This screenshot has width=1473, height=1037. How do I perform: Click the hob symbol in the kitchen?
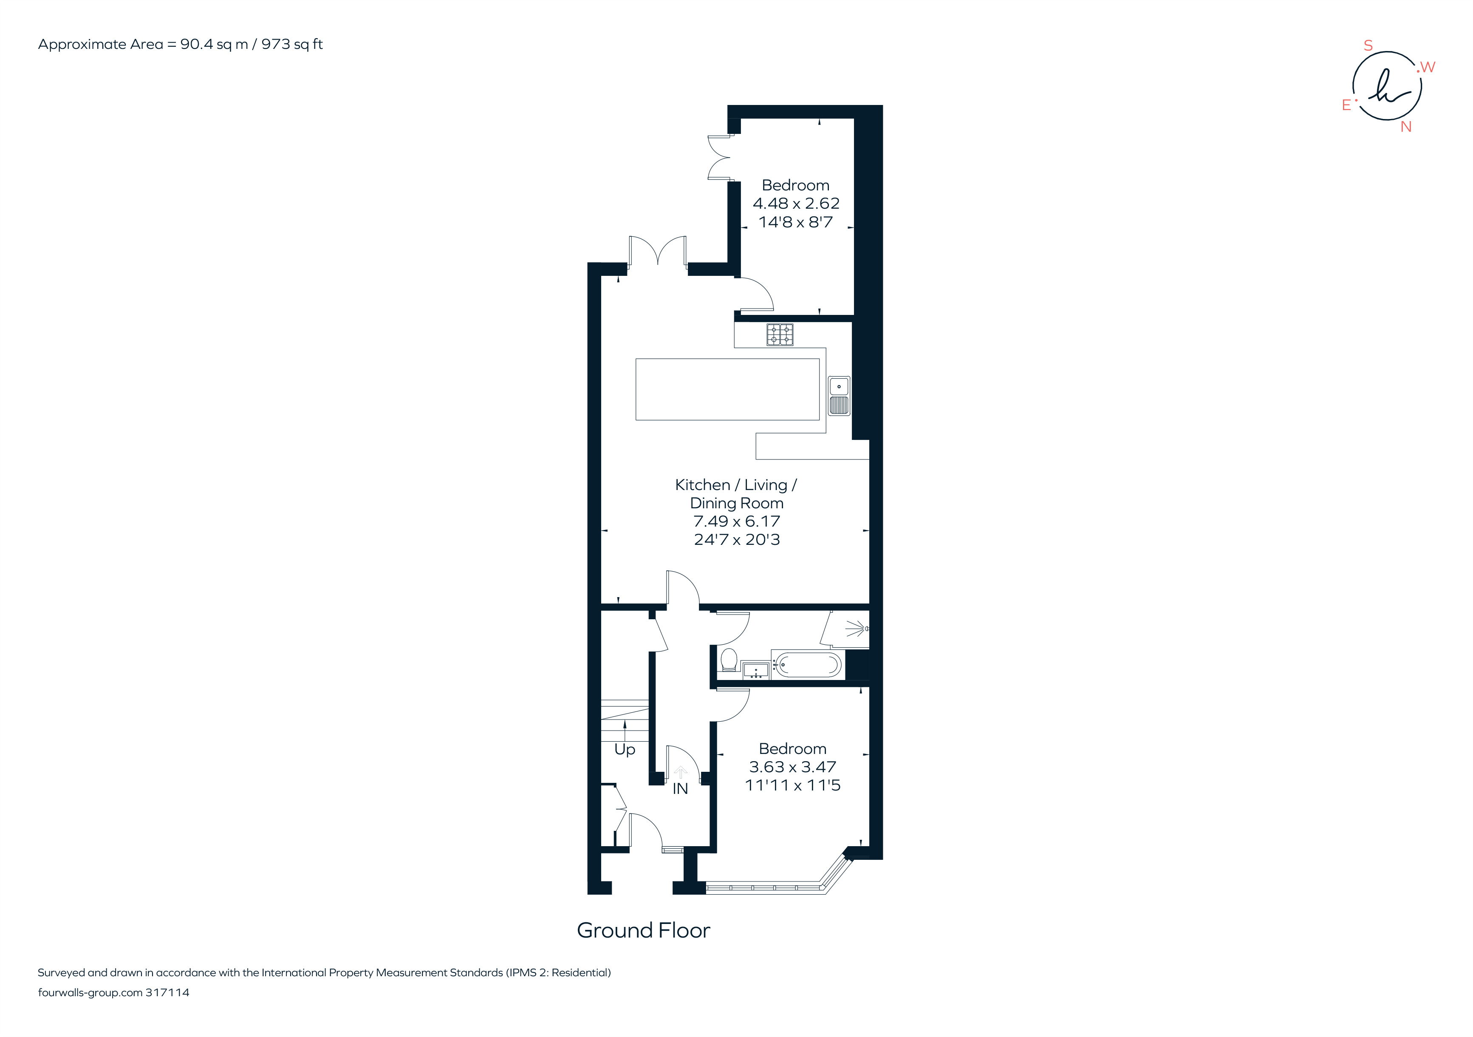pyautogui.click(x=780, y=334)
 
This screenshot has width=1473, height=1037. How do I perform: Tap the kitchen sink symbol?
pyautogui.click(x=839, y=395)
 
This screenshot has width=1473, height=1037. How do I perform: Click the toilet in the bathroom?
pyautogui.click(x=729, y=660)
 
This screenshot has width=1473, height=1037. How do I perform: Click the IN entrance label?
pyautogui.click(x=680, y=789)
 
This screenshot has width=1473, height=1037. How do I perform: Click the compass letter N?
pyautogui.click(x=1405, y=127)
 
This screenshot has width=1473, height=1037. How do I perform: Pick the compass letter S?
pyautogui.click(x=1368, y=45)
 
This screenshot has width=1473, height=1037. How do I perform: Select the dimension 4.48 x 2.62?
pyautogui.click(x=795, y=204)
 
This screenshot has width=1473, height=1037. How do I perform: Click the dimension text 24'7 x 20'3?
pyautogui.click(x=737, y=540)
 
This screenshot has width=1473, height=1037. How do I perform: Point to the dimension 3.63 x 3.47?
pyautogui.click(x=792, y=767)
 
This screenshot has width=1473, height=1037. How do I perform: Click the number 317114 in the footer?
pyautogui.click(x=167, y=993)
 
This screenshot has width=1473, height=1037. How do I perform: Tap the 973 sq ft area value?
pyautogui.click(x=292, y=44)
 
